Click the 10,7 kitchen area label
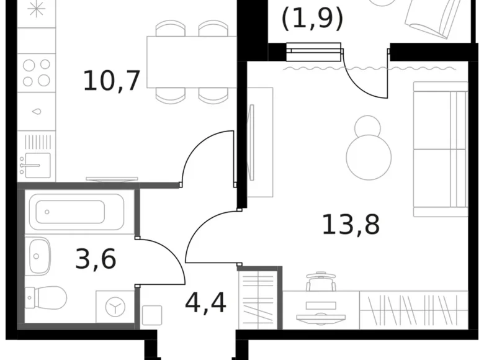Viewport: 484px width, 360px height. coord(112,80)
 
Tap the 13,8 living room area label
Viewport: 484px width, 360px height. coord(351,223)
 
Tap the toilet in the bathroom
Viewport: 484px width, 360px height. coord(47,298)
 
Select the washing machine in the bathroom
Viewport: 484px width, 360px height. coord(115,305)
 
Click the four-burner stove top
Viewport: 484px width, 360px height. coord(37,72)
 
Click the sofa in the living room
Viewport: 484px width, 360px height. coord(440,149)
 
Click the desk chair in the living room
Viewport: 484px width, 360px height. coord(321,282)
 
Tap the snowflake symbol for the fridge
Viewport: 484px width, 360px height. coord(36,10)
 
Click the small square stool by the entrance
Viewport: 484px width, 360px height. coord(151,315)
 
